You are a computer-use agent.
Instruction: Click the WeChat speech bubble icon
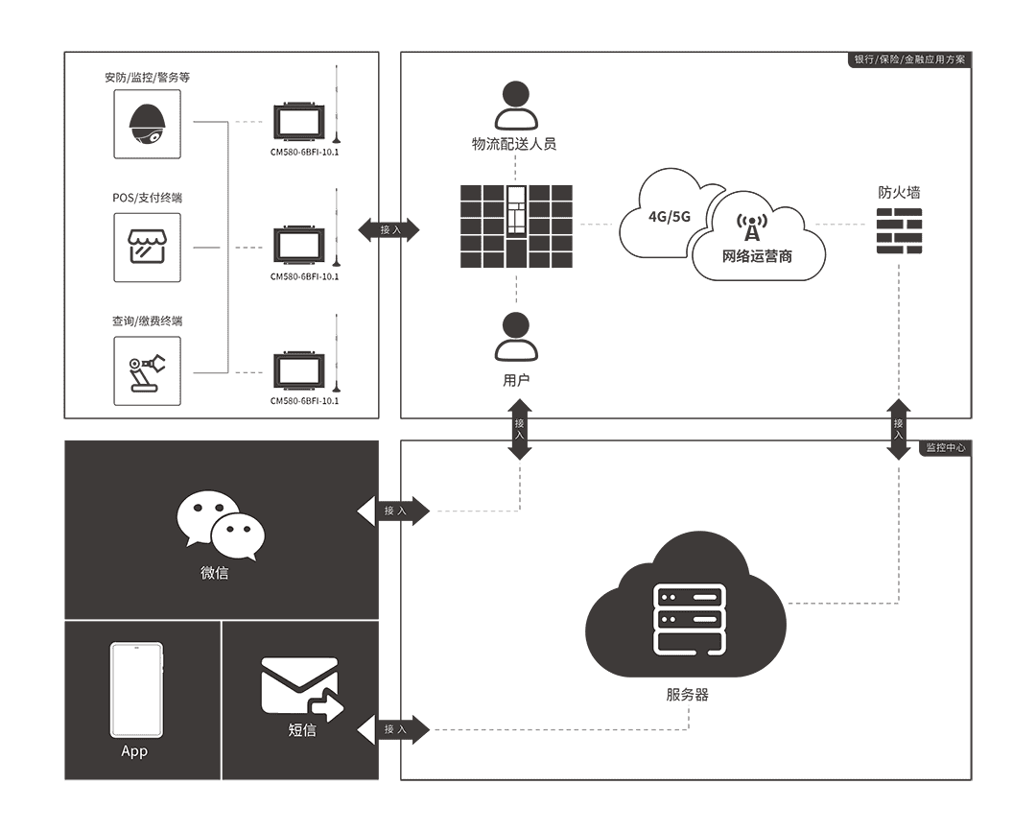tap(221, 525)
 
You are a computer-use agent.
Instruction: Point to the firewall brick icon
tap(899, 231)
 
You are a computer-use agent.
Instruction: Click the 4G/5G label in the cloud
tap(670, 216)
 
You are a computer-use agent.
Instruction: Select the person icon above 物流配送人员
tap(516, 106)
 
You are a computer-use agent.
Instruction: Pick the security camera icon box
tap(147, 124)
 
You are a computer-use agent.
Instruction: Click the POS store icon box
tap(147, 248)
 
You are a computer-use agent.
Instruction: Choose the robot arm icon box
tap(147, 370)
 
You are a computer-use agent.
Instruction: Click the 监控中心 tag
tap(946, 448)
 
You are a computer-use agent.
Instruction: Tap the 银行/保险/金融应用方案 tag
tap(910, 59)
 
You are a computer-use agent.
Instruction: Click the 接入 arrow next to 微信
tap(394, 511)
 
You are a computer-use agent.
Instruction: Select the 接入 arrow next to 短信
tap(394, 730)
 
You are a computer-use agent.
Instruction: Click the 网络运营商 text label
tap(757, 257)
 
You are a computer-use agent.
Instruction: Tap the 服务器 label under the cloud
tap(687, 695)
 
